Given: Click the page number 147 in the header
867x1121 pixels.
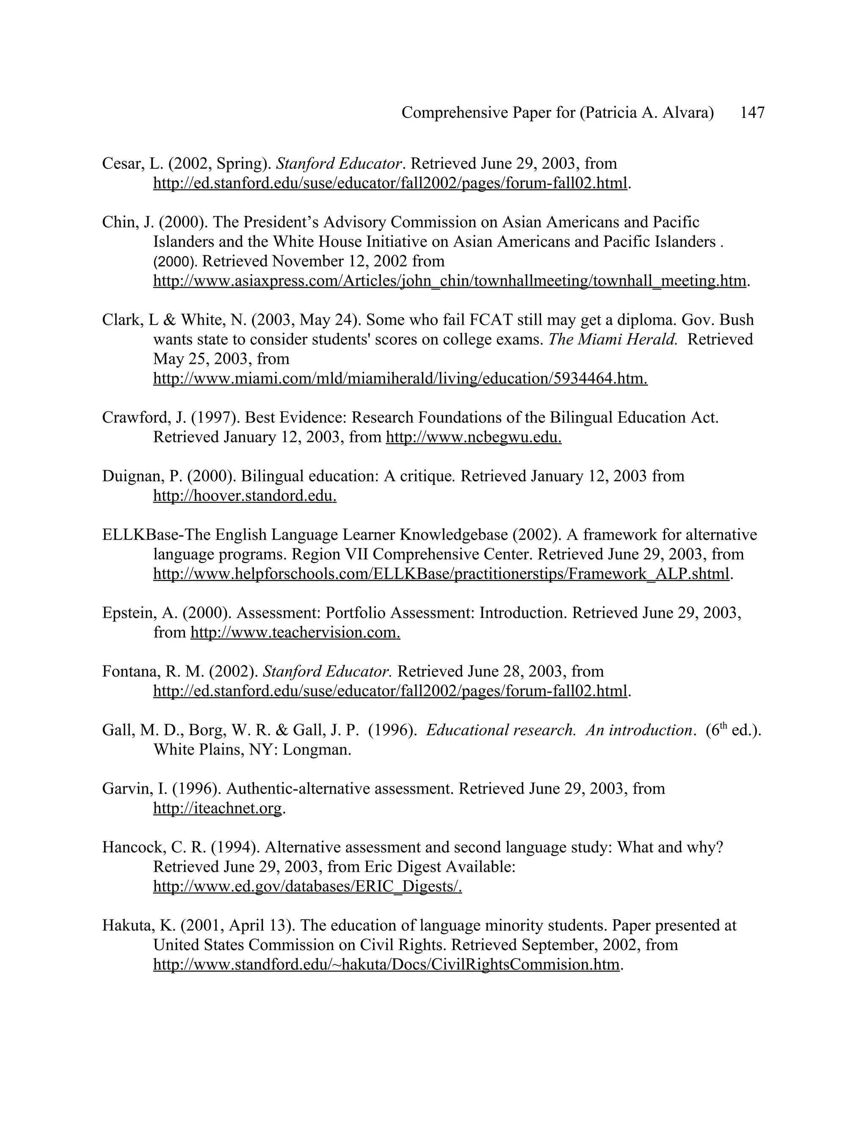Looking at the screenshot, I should click(752, 113).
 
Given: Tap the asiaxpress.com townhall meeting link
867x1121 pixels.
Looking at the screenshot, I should click(450, 281).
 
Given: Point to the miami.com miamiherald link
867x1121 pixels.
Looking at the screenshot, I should click(400, 378).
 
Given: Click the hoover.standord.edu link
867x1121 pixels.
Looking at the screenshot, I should click(245, 496).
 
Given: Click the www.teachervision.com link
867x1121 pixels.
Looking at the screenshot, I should click(295, 632).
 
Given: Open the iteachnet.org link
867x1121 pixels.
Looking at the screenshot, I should click(218, 808).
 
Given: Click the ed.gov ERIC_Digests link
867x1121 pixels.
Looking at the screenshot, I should click(307, 886).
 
